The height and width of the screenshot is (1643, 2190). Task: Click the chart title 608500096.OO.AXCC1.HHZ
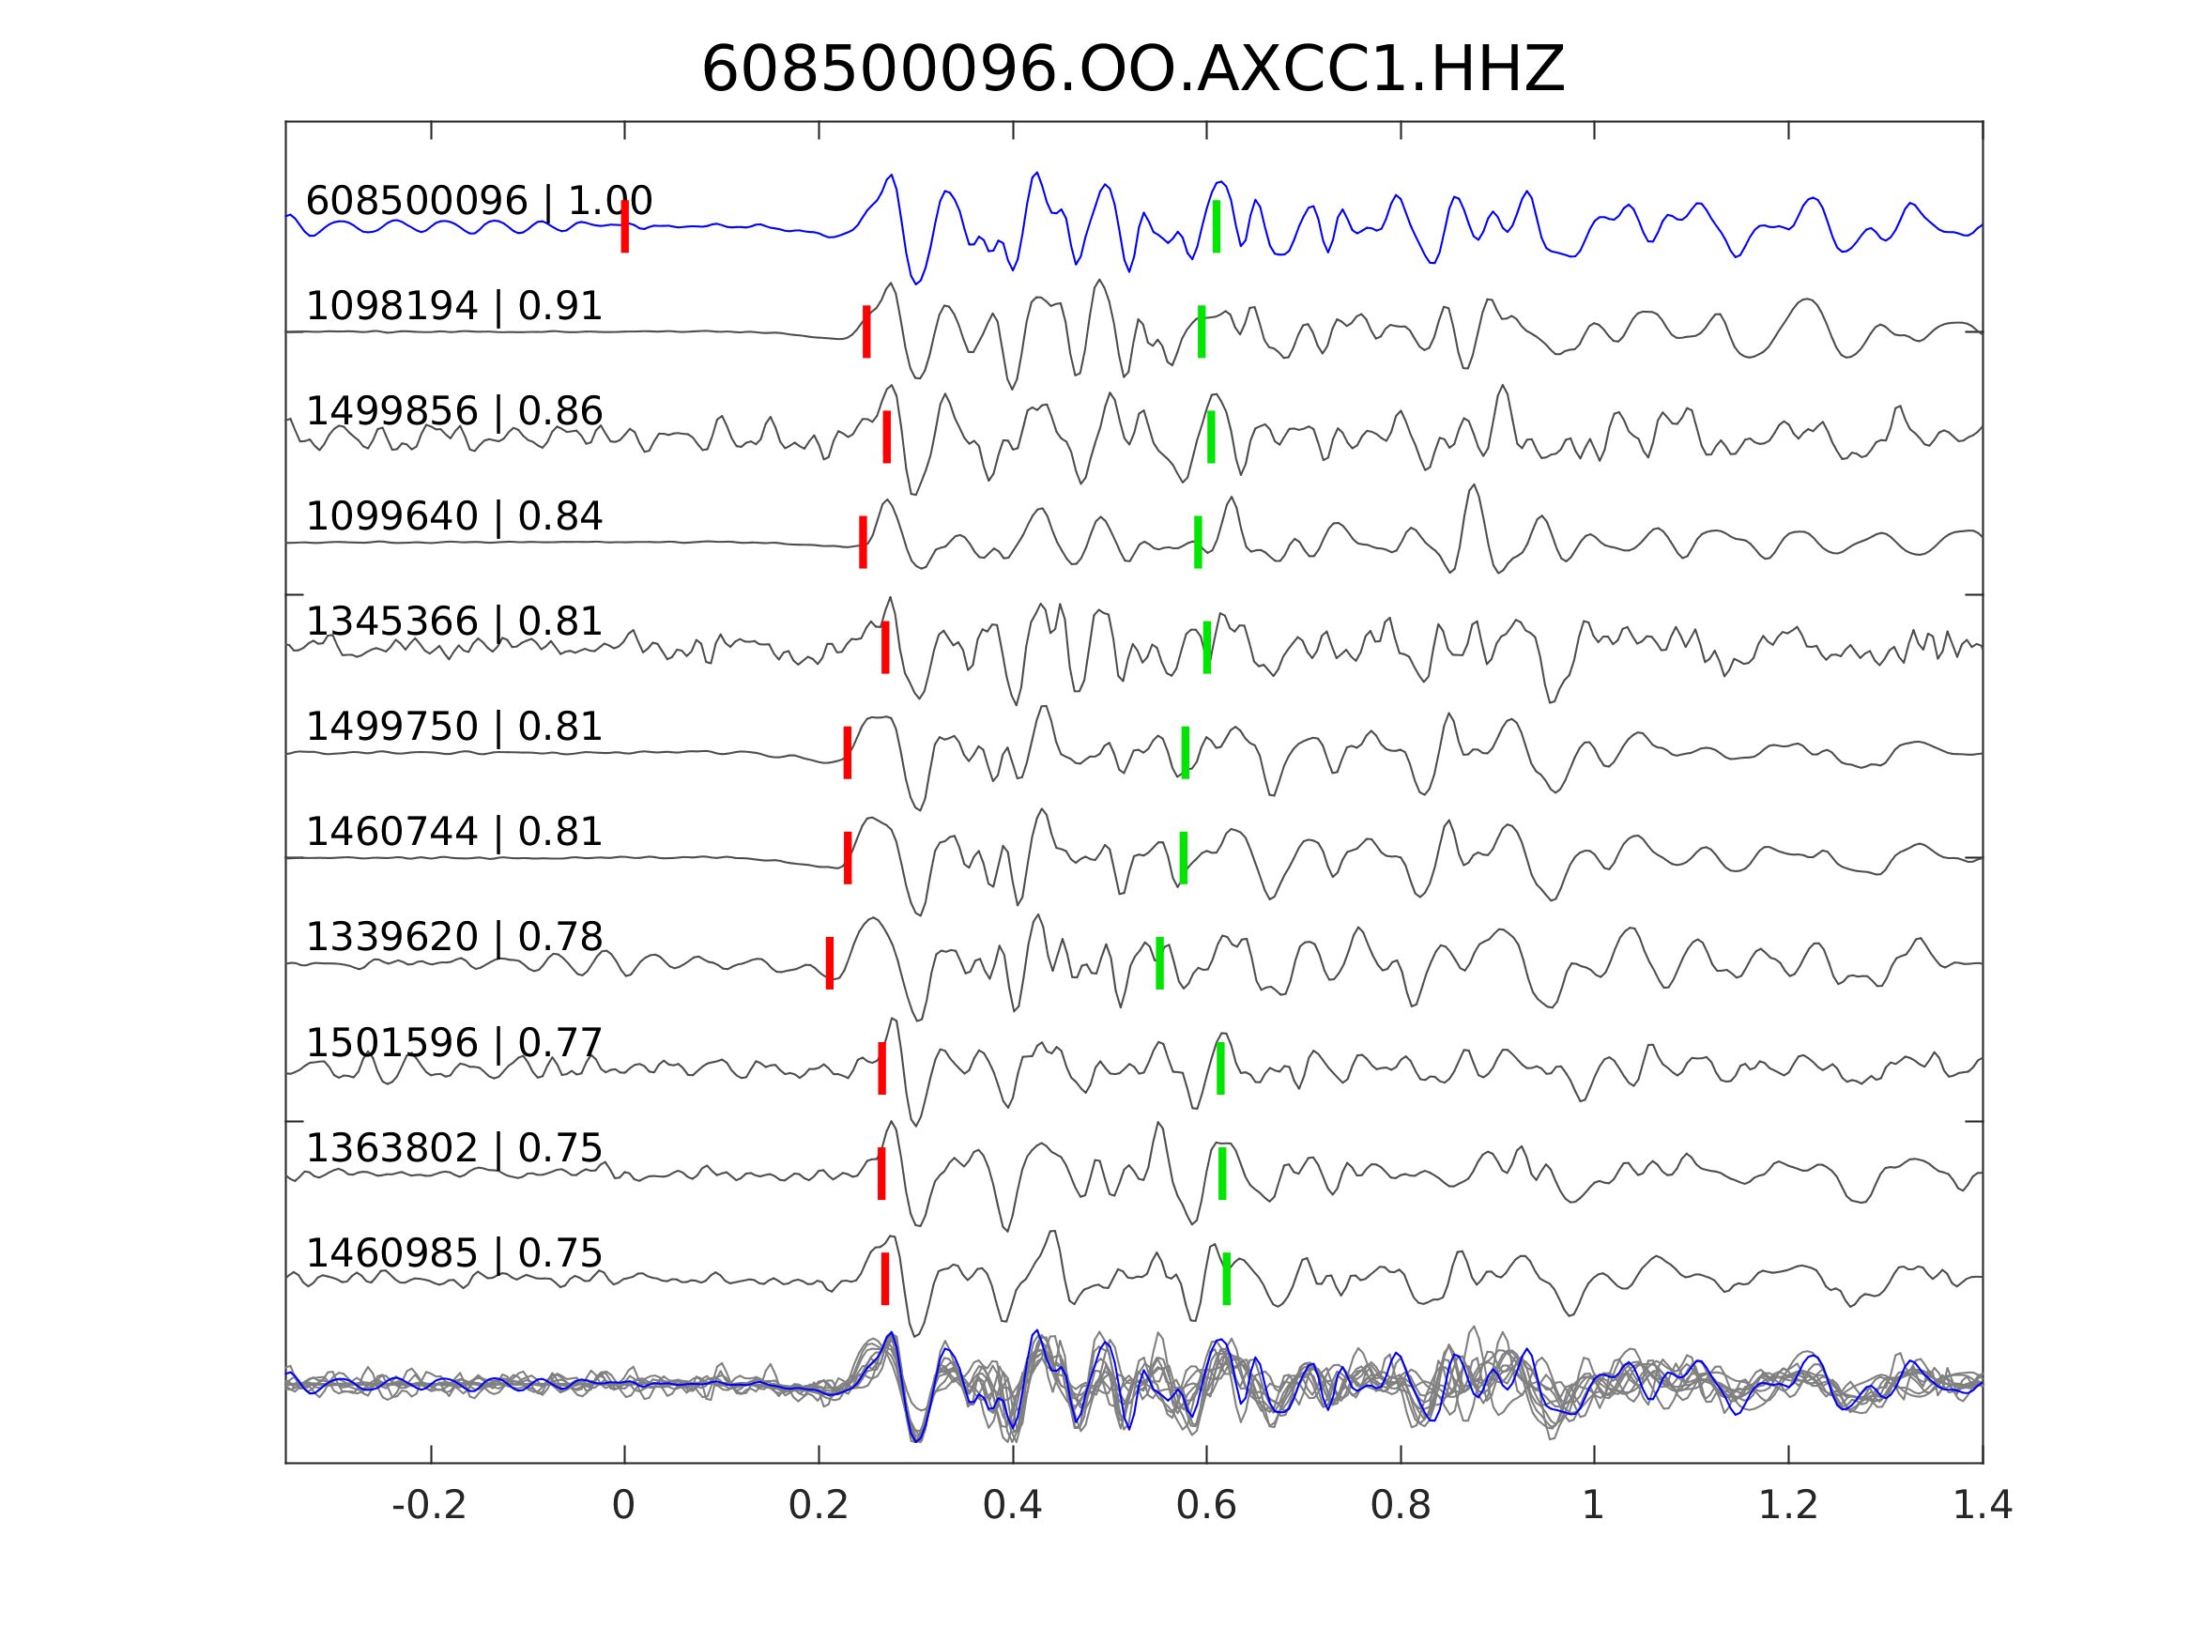point(1132,70)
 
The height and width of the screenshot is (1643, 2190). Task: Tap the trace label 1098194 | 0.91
point(453,306)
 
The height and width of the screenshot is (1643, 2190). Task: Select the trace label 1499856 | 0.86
point(453,411)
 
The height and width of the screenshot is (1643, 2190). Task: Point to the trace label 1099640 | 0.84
point(453,517)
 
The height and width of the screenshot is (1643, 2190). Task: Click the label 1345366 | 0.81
point(453,622)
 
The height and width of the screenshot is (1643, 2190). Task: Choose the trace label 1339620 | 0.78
point(453,937)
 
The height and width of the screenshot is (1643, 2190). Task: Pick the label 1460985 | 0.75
point(453,1253)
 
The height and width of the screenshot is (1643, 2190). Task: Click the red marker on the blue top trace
point(625,227)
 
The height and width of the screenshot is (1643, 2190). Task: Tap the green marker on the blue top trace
point(1216,227)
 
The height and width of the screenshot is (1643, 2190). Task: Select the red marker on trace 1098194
point(866,331)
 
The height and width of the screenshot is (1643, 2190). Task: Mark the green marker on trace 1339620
point(1159,962)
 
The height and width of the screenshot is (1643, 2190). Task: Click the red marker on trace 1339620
point(830,962)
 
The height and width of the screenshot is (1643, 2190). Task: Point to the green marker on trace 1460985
point(1227,1279)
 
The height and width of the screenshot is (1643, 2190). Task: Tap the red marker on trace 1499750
point(848,753)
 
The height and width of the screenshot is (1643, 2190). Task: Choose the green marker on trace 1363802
point(1223,1174)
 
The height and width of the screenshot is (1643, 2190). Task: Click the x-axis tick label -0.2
point(429,1506)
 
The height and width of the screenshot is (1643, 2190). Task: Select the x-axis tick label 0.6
point(1206,1506)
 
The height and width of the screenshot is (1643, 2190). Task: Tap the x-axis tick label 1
point(1593,1506)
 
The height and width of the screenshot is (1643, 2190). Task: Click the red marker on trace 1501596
point(882,1068)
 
